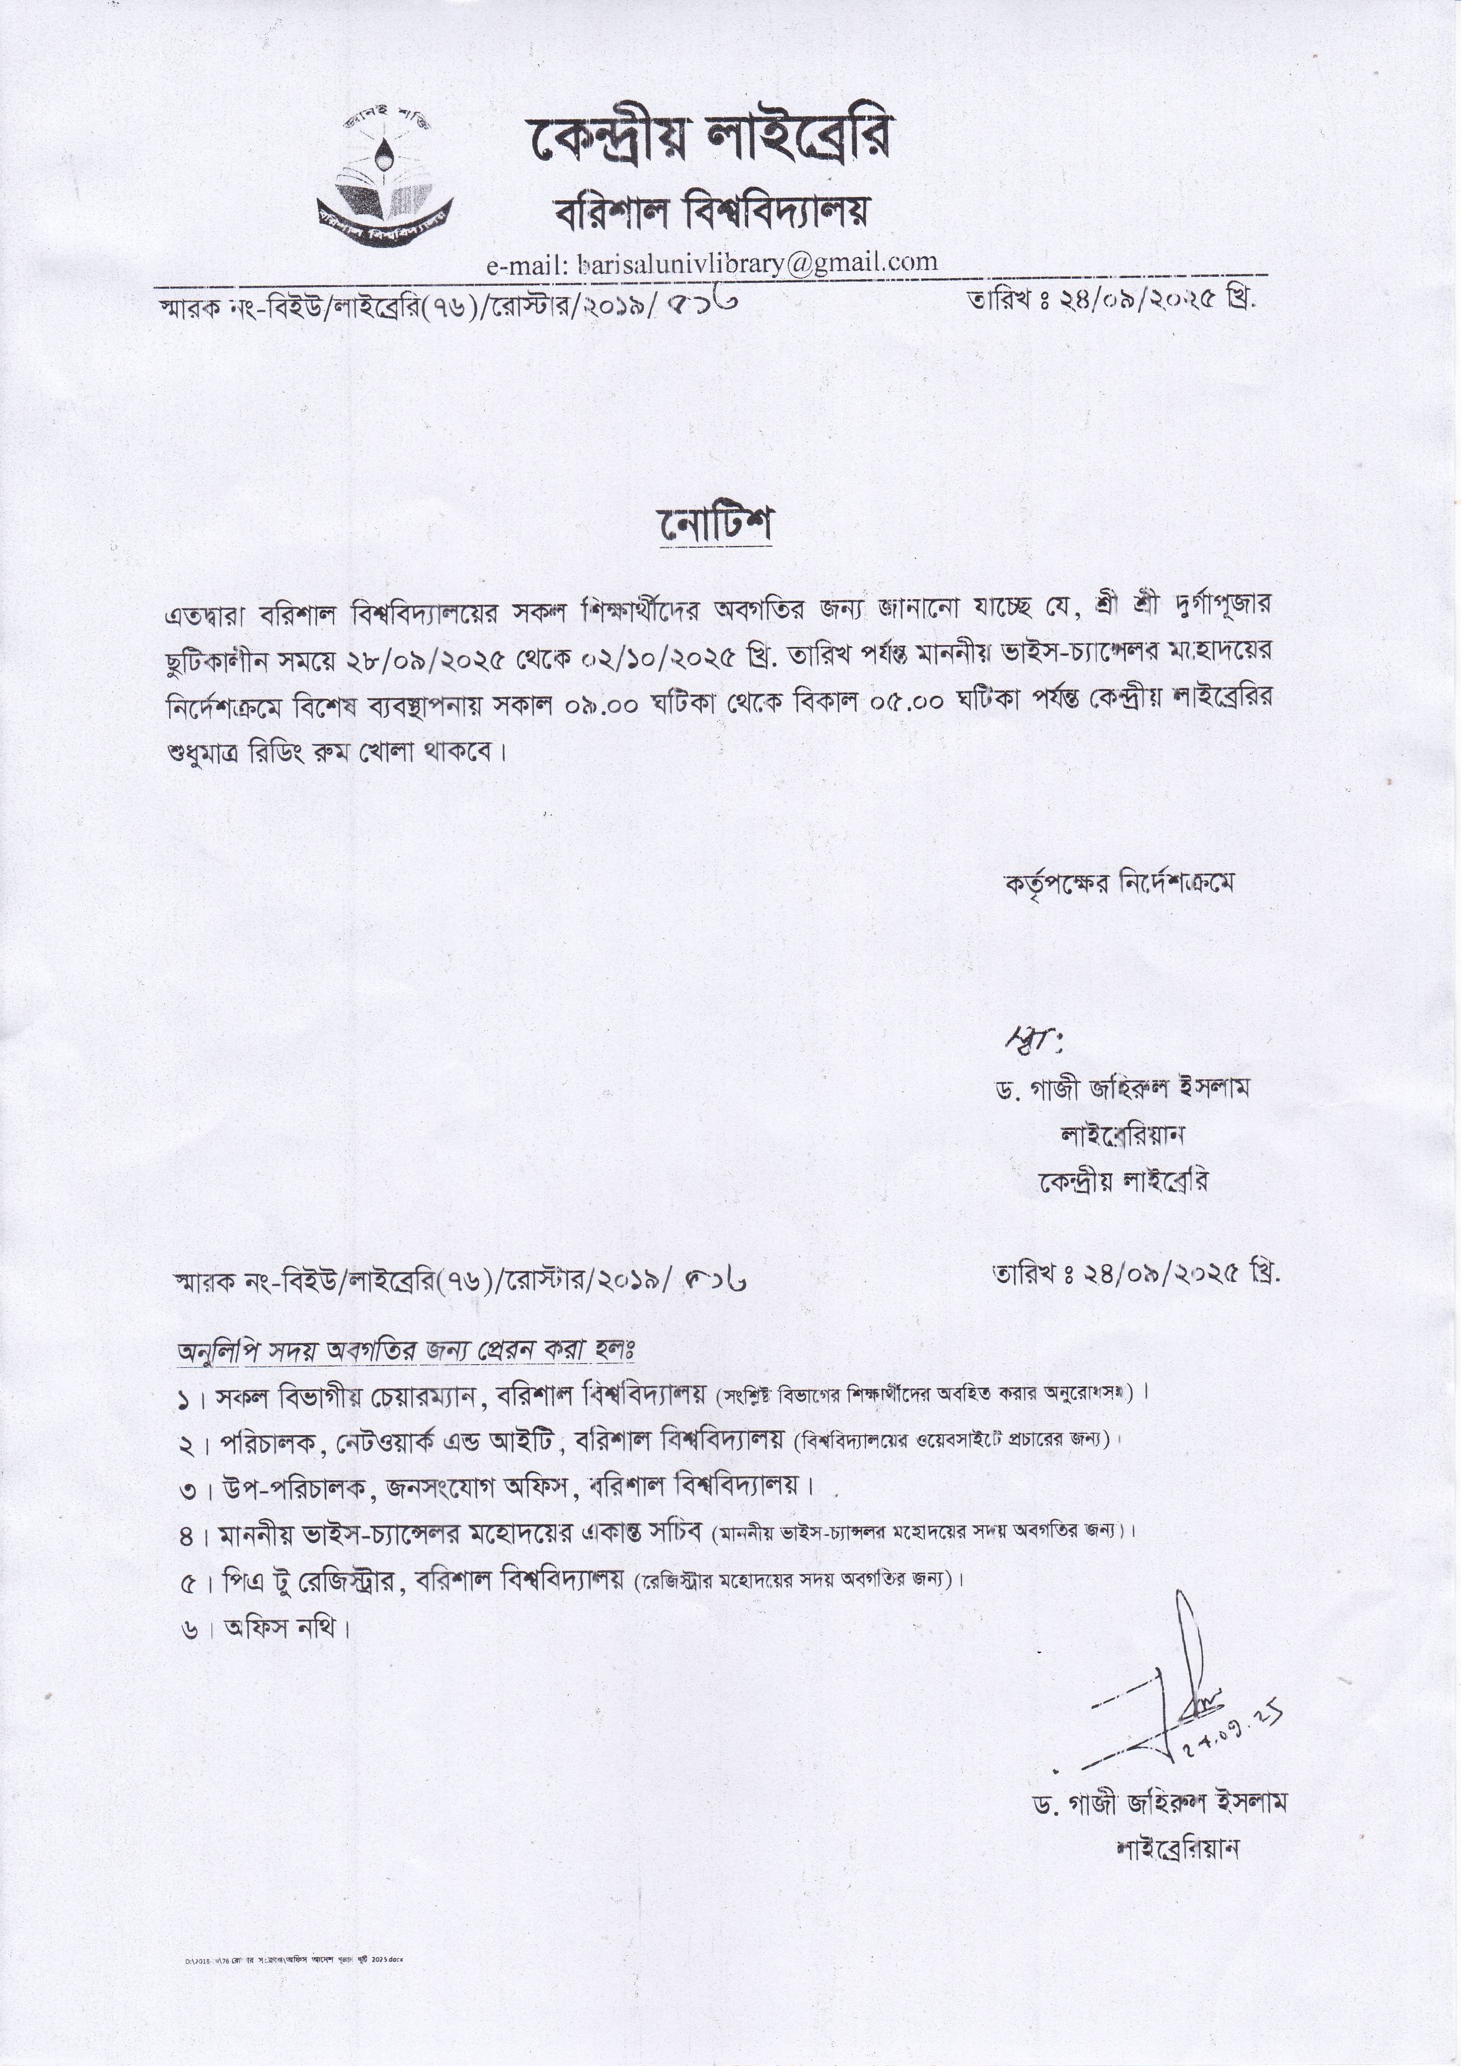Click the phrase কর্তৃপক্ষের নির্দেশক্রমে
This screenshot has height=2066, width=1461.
coord(1119,882)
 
